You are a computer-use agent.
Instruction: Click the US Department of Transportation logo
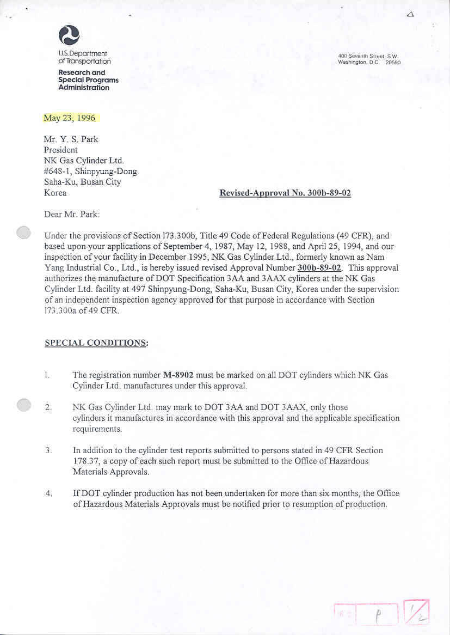click(69, 35)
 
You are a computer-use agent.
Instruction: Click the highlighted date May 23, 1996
click(70, 118)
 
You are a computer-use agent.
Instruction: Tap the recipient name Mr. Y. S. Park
click(71, 139)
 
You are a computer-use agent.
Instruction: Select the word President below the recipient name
click(60, 150)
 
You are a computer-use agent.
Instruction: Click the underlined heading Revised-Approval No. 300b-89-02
click(285, 193)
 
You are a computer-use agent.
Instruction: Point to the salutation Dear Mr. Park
click(72, 215)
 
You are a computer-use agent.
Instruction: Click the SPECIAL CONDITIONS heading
click(96, 343)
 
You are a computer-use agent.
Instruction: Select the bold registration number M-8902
click(179, 375)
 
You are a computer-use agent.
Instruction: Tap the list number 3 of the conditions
click(48, 450)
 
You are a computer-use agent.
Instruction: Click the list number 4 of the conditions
click(48, 493)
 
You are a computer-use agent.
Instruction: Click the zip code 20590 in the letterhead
click(392, 63)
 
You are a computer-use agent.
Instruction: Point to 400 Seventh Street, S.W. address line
click(368, 56)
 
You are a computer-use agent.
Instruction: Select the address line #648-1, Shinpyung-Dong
click(90, 171)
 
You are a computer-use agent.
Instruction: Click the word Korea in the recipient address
click(55, 193)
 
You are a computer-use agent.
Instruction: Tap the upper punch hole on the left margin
click(24, 233)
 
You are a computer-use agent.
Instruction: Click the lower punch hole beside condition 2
click(24, 405)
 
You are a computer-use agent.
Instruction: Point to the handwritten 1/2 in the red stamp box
click(417, 612)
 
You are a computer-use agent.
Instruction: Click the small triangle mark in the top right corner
click(410, 14)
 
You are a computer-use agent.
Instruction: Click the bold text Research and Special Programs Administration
click(88, 80)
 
